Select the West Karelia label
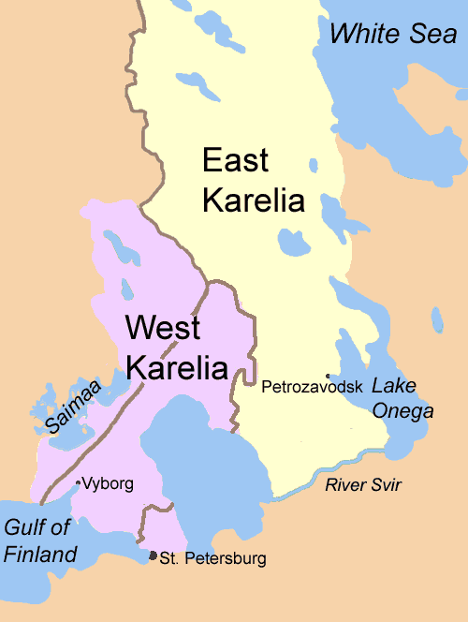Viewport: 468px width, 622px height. (176, 347)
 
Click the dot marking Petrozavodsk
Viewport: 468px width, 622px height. (327, 377)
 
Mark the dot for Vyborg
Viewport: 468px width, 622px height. (78, 483)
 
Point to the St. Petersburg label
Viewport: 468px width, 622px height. (212, 559)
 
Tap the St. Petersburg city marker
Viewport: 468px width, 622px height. (154, 556)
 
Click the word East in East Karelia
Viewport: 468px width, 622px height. (235, 160)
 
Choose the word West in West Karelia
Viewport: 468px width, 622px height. (163, 328)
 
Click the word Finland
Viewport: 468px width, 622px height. (39, 555)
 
